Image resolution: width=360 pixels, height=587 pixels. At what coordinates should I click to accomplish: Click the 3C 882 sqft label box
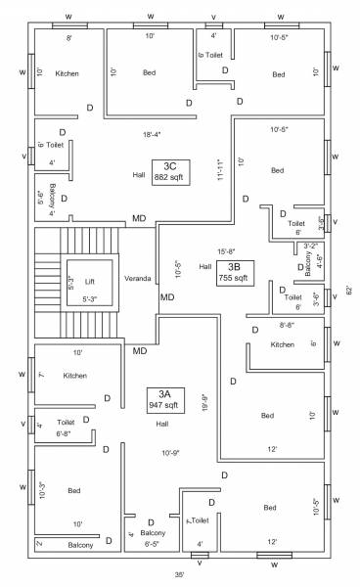[x=170, y=171]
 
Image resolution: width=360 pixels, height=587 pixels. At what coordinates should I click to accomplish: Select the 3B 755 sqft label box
[x=234, y=272]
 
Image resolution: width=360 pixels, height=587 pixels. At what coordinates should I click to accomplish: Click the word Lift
[x=89, y=281]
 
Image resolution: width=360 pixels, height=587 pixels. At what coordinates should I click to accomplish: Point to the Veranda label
[x=137, y=279]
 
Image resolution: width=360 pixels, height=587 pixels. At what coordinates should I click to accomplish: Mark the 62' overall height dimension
[x=348, y=290]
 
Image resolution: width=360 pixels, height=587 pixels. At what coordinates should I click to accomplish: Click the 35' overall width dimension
[x=180, y=574]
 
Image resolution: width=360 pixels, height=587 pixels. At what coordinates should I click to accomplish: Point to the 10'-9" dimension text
[x=172, y=452]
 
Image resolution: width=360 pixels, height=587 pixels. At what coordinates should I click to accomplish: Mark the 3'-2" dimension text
[x=310, y=246]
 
